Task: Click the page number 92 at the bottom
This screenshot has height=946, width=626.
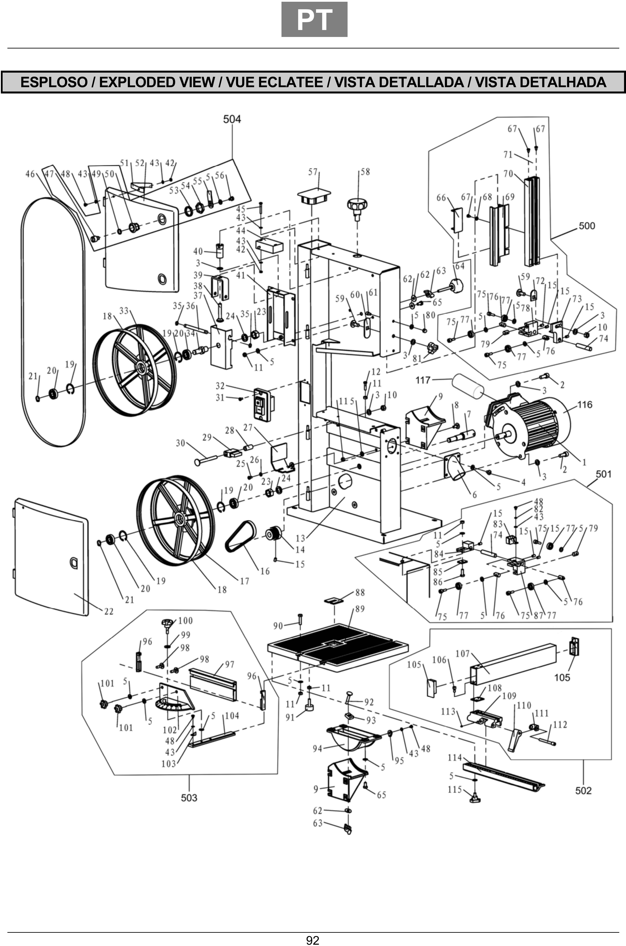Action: (313, 940)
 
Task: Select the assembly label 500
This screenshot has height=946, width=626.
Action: (586, 226)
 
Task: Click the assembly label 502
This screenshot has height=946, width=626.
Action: (583, 790)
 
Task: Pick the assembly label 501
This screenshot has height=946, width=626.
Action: (603, 474)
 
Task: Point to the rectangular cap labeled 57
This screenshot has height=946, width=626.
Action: (314, 196)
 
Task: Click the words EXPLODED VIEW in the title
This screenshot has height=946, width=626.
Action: (156, 82)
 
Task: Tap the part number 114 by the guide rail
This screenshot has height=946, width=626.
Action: (454, 757)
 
